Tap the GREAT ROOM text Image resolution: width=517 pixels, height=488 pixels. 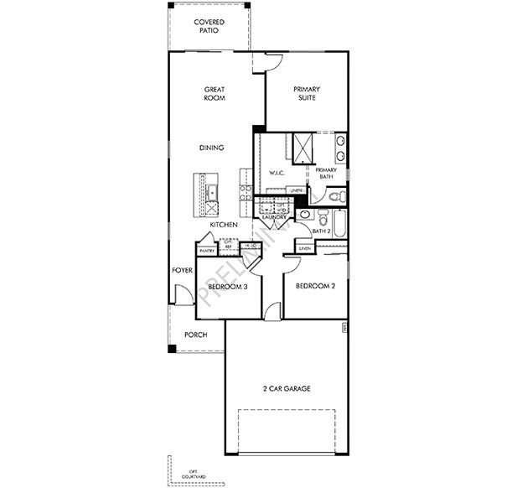215,93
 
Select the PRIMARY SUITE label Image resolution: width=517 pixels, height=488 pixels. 308,93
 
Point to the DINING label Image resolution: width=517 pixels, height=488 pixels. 211,148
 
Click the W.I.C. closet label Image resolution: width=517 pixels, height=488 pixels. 277,173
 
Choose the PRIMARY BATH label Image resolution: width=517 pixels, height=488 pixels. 325,174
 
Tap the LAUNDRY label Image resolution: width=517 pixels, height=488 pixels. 274,217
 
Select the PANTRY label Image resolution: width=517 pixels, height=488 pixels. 207,249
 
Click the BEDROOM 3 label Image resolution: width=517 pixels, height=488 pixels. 227,287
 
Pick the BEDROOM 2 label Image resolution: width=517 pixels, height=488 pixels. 318,286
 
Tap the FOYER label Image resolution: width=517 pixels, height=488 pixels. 182,271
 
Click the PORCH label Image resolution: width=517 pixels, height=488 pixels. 195,335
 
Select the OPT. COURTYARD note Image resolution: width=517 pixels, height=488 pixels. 197,474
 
